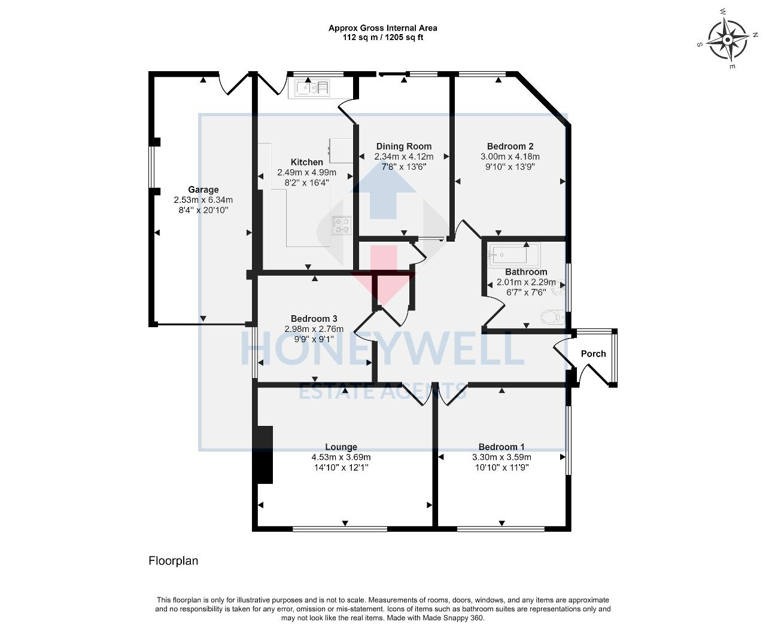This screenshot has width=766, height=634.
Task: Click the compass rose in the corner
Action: pos(728,39)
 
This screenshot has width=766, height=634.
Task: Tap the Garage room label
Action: pos(203,190)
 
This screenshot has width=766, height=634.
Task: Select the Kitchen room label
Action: pos(306,162)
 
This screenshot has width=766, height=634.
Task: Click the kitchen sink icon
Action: pos(309,89)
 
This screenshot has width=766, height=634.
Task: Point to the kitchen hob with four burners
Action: pos(342,225)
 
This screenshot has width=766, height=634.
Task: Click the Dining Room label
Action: pos(404,147)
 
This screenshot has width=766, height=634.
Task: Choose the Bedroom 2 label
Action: pos(510,147)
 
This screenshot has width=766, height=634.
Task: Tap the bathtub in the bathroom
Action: pos(513,254)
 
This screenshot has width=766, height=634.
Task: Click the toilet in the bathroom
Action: pos(554,317)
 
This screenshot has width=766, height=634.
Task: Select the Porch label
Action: pos(593,354)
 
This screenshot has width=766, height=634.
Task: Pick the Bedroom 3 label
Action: pos(314,319)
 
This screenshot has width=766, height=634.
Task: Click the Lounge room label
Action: pos(341,447)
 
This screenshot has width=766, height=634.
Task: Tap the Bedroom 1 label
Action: pos(501,447)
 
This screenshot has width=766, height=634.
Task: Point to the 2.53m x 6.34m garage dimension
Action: pos(203,200)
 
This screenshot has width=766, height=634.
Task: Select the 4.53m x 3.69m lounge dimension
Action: pos(341,457)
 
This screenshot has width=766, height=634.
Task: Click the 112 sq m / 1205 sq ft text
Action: pos(383,38)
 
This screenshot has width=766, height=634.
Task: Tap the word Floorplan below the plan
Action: pos(173,560)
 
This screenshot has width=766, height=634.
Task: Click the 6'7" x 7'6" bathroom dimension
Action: pos(526,292)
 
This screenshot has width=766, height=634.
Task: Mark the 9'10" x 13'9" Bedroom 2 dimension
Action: pos(510,167)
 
